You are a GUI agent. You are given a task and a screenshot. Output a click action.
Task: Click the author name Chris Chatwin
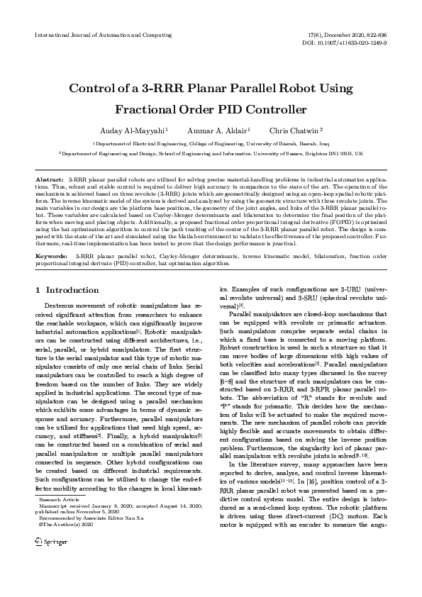coord(296,131)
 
